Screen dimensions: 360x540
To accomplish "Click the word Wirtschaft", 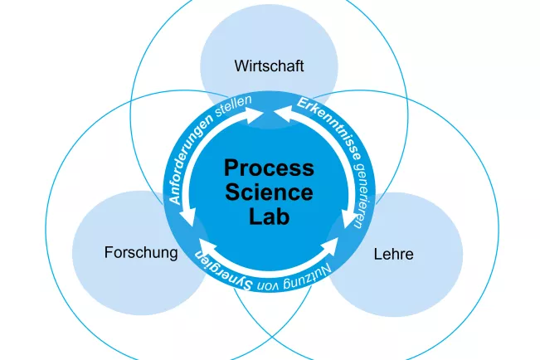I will tap(270, 65).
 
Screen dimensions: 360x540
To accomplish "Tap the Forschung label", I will tap(141, 252).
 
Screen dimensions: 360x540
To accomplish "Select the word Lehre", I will tap(393, 254).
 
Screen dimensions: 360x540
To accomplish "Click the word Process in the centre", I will tap(270, 168).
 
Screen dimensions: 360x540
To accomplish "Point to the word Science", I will tap(270, 193).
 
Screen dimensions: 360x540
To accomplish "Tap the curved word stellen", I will tap(233, 107).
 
